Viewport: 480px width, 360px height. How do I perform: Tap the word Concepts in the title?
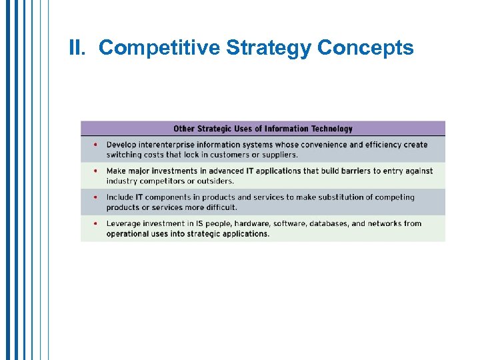coord(365,48)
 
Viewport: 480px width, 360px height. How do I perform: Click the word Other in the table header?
coord(185,129)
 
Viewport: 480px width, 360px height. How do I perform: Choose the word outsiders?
coord(215,181)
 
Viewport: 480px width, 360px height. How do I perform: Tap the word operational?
coord(129,233)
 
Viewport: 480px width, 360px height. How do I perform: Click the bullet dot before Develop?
coord(95,145)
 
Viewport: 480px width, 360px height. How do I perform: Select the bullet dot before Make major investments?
coord(95,171)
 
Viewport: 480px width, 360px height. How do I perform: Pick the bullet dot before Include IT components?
coord(95,197)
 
